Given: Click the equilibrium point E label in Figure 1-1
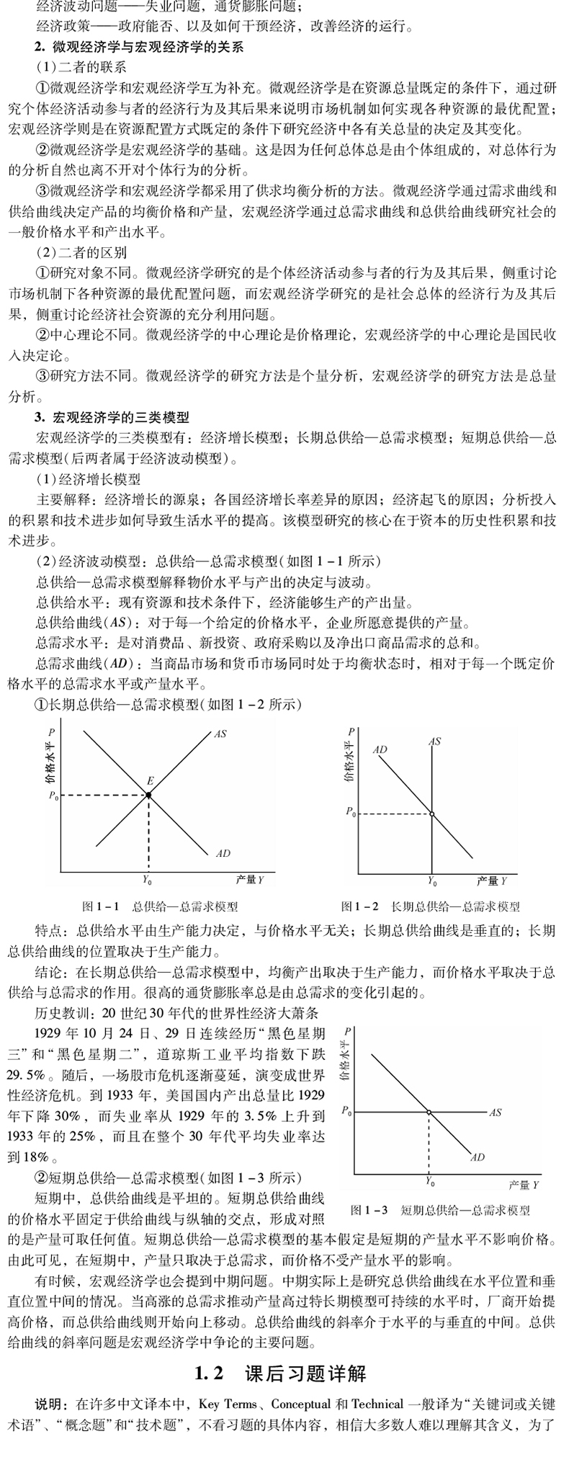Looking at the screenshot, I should pos(150,781).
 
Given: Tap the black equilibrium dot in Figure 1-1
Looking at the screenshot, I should pos(149,795).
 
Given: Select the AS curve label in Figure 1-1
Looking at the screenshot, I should pos(220,734).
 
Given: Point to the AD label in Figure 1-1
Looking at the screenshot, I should pos(223,853).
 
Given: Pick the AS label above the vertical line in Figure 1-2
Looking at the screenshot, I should pos(434,741).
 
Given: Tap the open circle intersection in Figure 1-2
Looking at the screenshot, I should pos(432,814).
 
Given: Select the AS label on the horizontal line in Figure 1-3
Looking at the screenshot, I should pos(495,1113).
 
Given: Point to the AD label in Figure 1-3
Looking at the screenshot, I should pos(477,1157).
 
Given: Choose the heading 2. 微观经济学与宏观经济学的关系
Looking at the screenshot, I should pos(139,48).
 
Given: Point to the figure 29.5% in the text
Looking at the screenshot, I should pos(27,1076).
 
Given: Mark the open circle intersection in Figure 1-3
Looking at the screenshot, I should pos(429,1113).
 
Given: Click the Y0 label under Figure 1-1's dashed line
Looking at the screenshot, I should pos(148,880).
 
